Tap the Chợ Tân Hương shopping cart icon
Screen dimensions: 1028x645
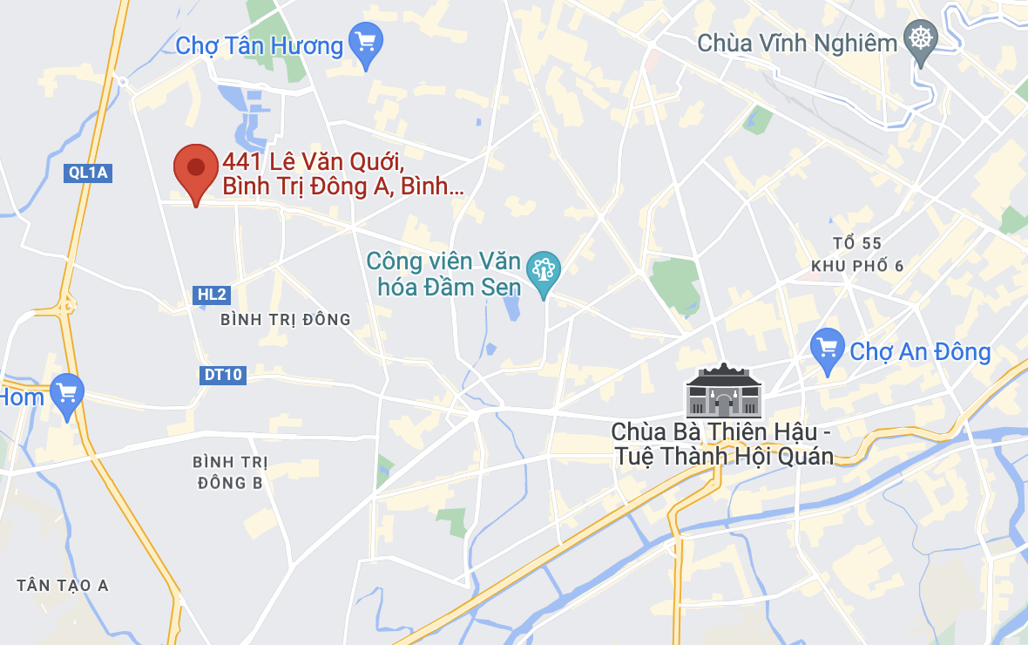point(365,42)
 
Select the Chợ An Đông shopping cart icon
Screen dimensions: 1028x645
point(827,348)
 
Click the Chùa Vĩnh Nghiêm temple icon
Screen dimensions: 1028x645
point(920,40)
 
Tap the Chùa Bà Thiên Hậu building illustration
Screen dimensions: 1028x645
point(723,391)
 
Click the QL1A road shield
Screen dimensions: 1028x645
point(88,173)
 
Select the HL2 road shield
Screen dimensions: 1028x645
point(212,295)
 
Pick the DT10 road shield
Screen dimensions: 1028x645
point(222,376)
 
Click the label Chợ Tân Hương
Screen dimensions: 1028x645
point(260,45)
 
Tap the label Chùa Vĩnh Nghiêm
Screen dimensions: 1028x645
point(797,43)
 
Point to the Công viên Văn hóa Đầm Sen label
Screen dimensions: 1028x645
point(444,274)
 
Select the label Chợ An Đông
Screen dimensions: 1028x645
point(920,352)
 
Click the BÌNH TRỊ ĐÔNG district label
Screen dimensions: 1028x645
point(286,320)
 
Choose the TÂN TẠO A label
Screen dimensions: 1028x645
point(63,586)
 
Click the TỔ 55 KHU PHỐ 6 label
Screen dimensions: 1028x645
point(857,255)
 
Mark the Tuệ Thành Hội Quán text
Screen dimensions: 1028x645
point(722,456)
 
